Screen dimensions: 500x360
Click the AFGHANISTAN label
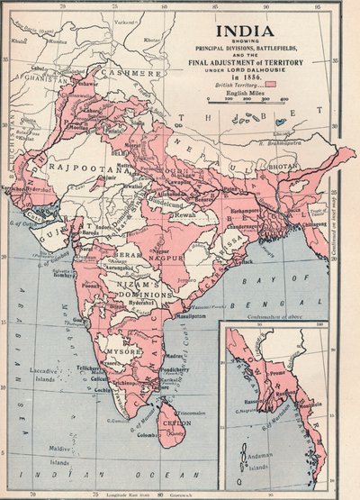48,77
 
